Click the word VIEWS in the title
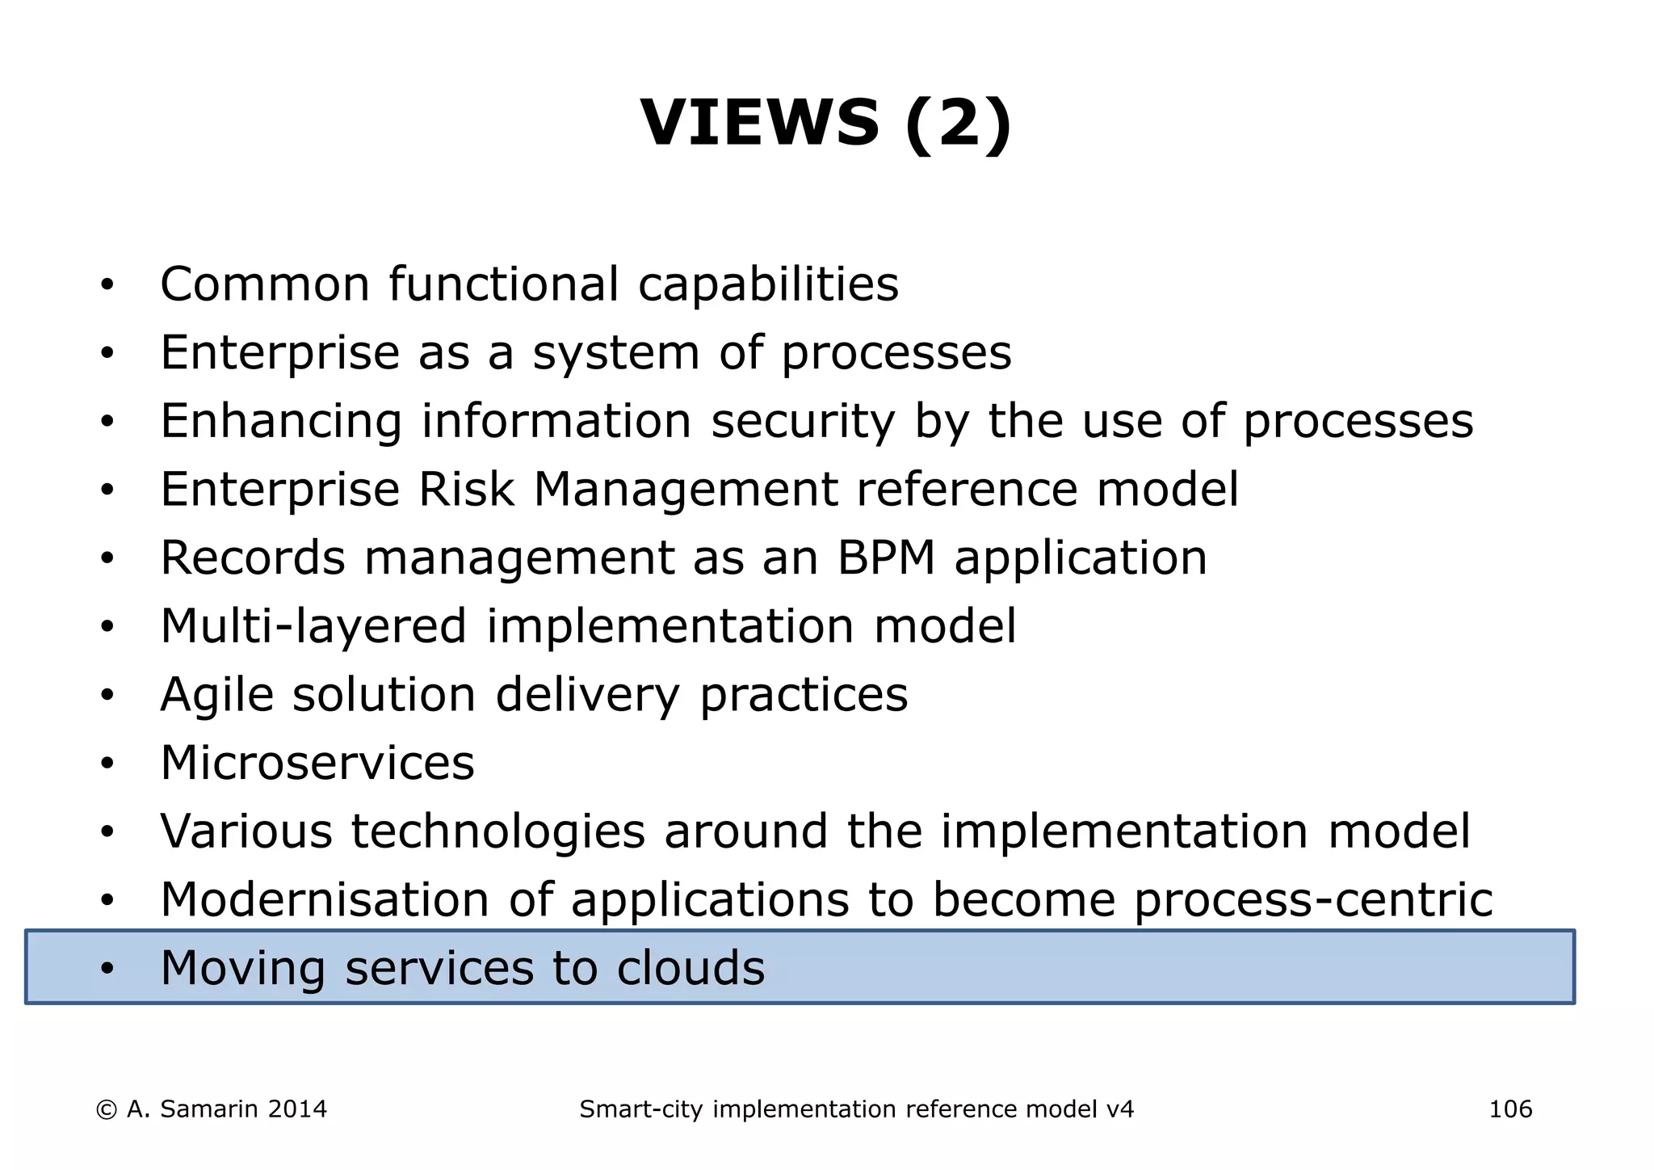click(759, 123)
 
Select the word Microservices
click(317, 763)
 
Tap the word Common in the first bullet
click(265, 284)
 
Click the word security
click(803, 422)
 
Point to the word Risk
click(466, 490)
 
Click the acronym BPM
click(886, 558)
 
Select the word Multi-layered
click(313, 627)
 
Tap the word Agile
click(216, 696)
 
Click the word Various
click(246, 831)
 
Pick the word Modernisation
click(325, 899)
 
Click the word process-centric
click(1313, 900)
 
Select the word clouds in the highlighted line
click(691, 968)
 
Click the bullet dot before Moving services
click(107, 969)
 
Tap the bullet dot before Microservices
click(107, 764)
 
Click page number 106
click(1510, 1109)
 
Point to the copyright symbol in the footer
click(106, 1110)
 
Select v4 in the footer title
click(1119, 1109)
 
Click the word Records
click(253, 558)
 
